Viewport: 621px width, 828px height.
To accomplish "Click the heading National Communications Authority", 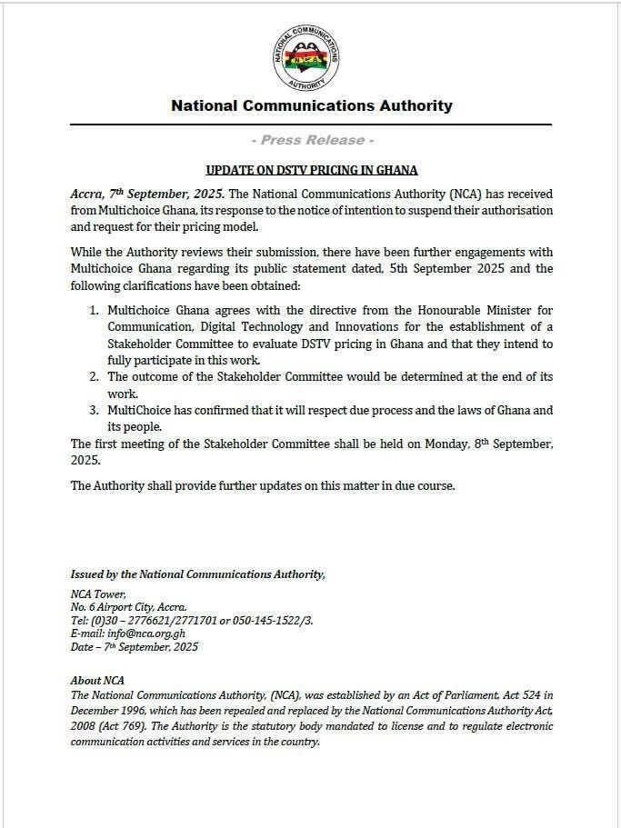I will tap(311, 105).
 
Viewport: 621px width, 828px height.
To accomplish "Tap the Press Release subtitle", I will tap(311, 140).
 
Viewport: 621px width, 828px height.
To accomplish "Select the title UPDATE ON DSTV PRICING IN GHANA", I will tap(311, 170).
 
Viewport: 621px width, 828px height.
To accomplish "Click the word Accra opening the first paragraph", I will tap(86, 195).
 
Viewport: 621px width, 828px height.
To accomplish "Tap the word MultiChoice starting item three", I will tap(140, 411).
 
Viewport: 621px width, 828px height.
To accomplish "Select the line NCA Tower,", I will tap(92, 594).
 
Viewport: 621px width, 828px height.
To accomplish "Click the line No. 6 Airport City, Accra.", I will tap(128, 607).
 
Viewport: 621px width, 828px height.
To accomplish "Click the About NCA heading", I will tap(97, 680).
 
